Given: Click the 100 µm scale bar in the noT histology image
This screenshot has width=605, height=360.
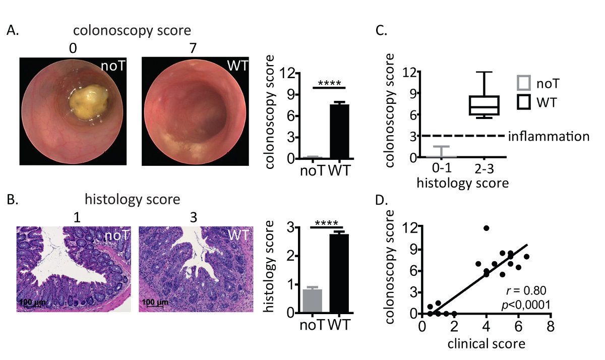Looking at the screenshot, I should [x=32, y=303].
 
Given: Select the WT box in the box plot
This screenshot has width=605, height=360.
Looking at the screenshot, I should [x=484, y=105].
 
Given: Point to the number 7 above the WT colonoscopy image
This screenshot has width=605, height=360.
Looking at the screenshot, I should [x=195, y=48].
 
